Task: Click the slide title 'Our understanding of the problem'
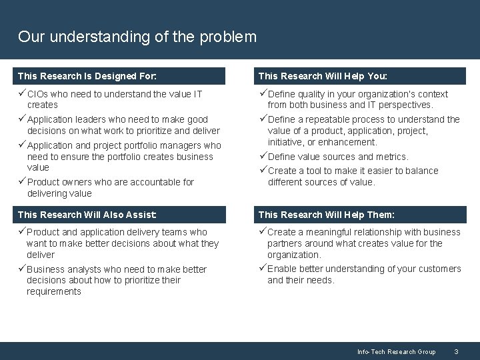tap(137, 37)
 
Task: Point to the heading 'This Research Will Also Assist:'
tap(87, 214)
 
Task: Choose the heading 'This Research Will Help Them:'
tap(326, 214)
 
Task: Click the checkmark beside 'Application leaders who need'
tap(22, 119)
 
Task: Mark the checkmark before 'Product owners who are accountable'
tap(22, 182)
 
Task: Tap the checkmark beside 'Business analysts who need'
tap(22, 269)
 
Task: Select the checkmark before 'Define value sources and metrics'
tap(263, 156)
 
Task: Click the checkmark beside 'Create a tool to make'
tap(263, 170)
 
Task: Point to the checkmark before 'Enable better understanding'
tap(263, 268)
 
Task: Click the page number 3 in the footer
tap(455, 351)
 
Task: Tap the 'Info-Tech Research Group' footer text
tap(396, 351)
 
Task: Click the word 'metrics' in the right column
tap(392, 157)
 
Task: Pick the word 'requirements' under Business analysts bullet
tap(54, 291)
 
